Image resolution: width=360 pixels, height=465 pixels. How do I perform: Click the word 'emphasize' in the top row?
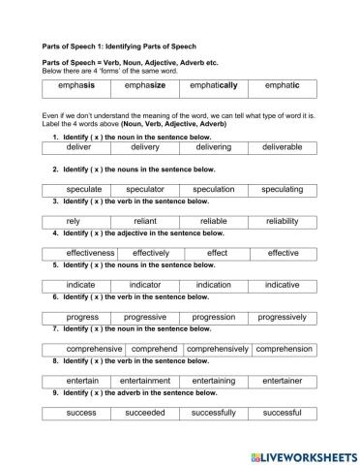coord(145,87)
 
